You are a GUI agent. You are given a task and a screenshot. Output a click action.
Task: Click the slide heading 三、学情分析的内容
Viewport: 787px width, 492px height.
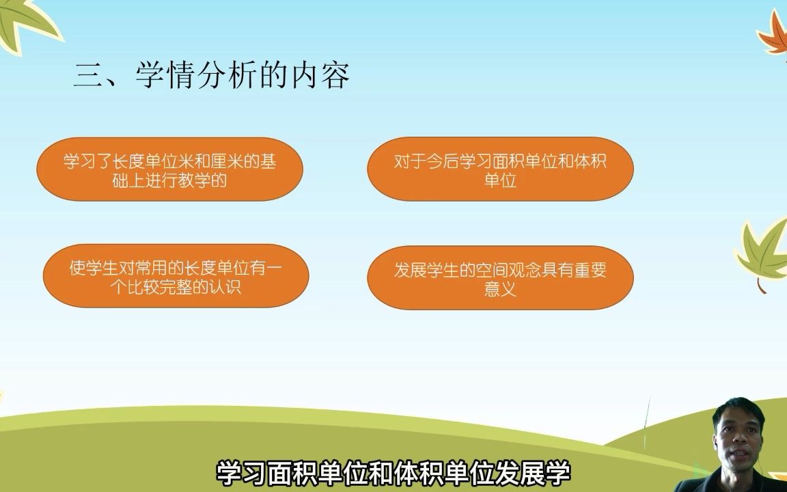(211, 76)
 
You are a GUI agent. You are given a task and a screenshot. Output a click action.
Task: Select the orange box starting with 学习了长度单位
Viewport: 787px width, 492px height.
(169, 169)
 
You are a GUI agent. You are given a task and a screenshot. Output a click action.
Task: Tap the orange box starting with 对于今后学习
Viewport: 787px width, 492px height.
(500, 169)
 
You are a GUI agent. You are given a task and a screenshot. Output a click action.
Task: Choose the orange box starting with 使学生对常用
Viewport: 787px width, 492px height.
(176, 275)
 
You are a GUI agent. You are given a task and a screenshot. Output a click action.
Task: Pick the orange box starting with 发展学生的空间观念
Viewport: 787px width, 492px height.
(500, 277)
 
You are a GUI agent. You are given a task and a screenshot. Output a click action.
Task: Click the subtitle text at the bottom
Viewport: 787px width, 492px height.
(393, 473)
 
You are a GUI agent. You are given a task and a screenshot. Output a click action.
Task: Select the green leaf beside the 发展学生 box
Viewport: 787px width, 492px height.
(764, 251)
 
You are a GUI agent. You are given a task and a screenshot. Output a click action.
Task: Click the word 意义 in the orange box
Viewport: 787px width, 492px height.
(500, 288)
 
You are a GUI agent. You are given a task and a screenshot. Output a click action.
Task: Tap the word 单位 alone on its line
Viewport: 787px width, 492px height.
(500, 180)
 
